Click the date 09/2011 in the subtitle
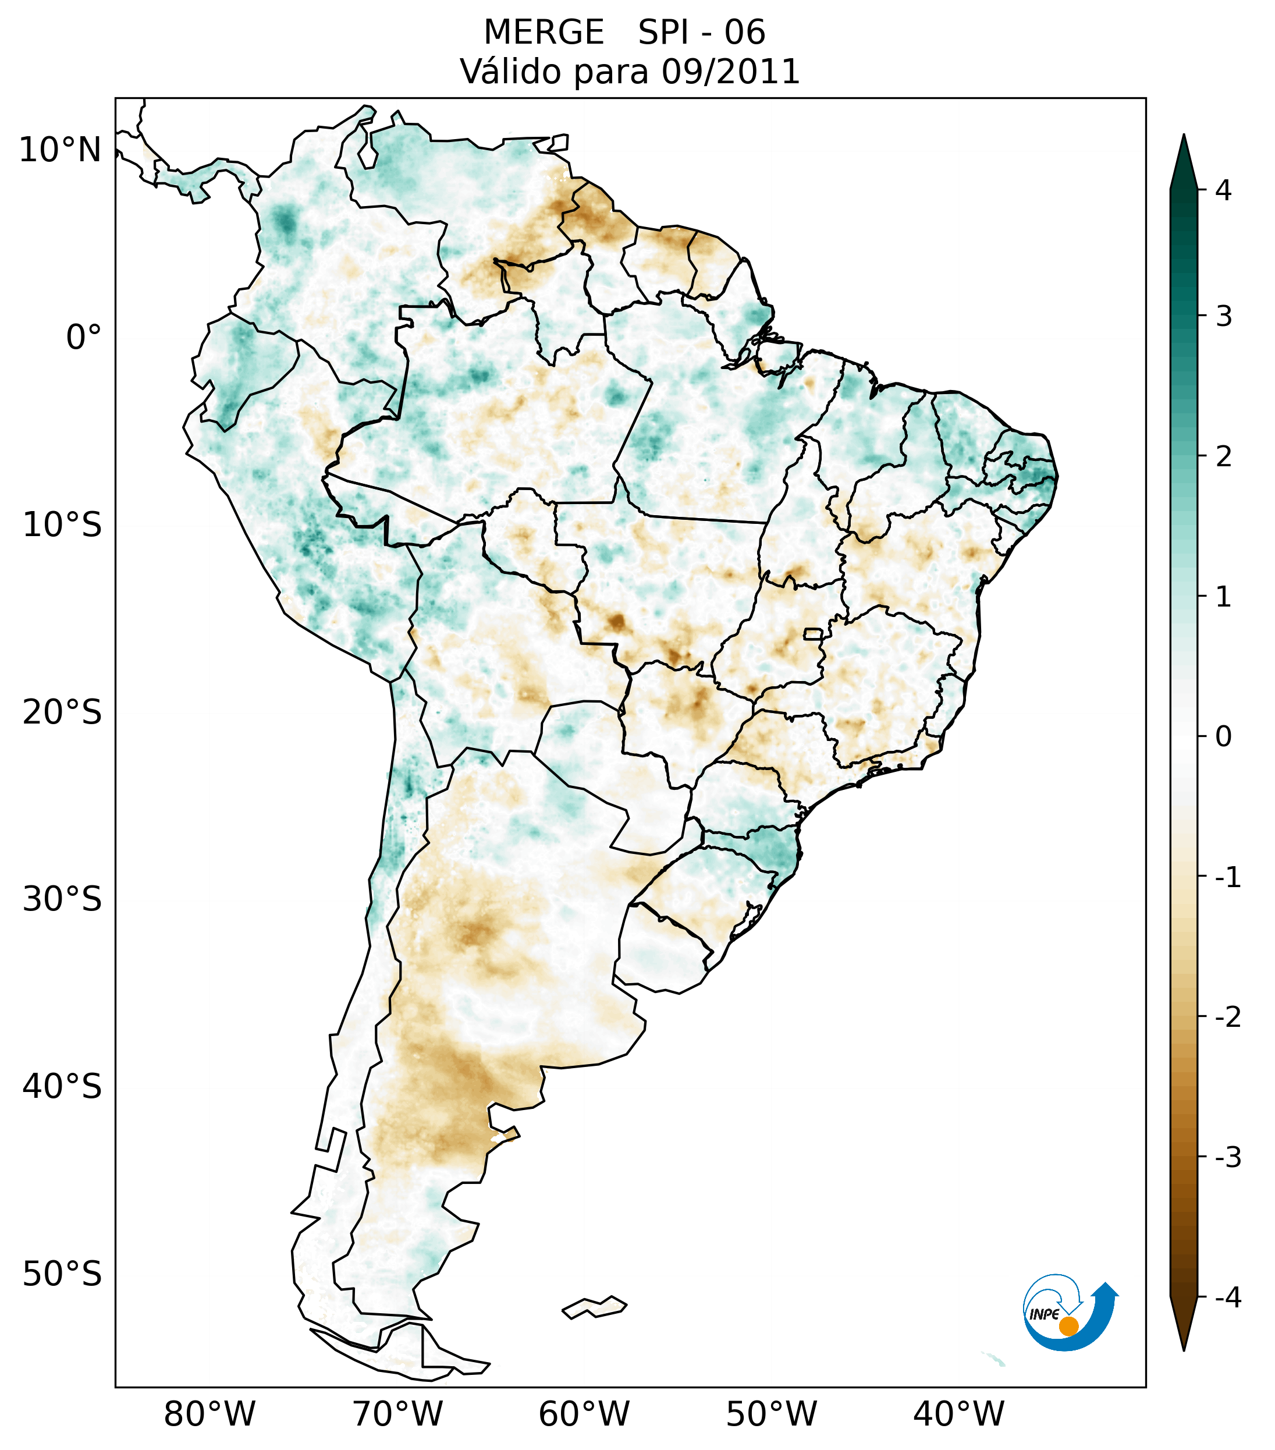point(730,72)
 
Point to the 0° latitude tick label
point(84,338)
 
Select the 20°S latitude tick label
point(62,712)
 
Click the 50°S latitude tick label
point(62,1275)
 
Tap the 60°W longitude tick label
point(584,1414)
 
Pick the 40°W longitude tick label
point(959,1414)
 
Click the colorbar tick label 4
point(1223,190)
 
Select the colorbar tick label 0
point(1223,737)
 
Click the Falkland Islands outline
point(594,1307)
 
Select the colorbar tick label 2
point(1223,457)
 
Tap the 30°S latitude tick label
point(62,899)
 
